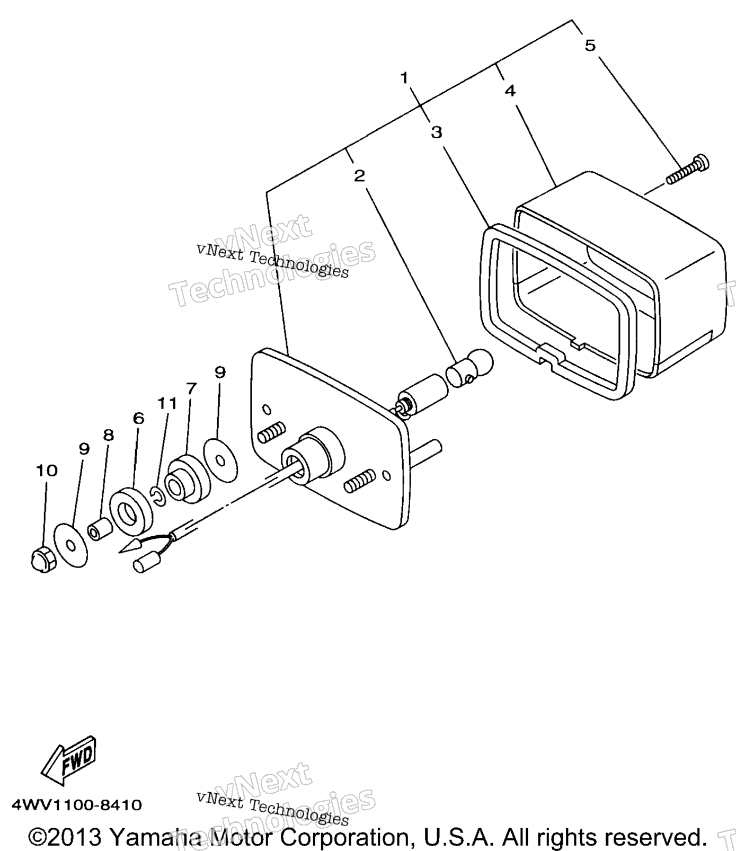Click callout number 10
(x=47, y=470)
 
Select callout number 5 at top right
(x=590, y=46)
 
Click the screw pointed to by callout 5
(x=688, y=169)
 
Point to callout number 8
(x=108, y=435)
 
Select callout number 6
(x=138, y=418)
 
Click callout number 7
(x=191, y=388)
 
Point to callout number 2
(x=360, y=176)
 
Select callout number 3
(x=436, y=132)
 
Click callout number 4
(x=510, y=91)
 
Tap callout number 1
(x=405, y=78)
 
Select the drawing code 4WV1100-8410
(x=77, y=805)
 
